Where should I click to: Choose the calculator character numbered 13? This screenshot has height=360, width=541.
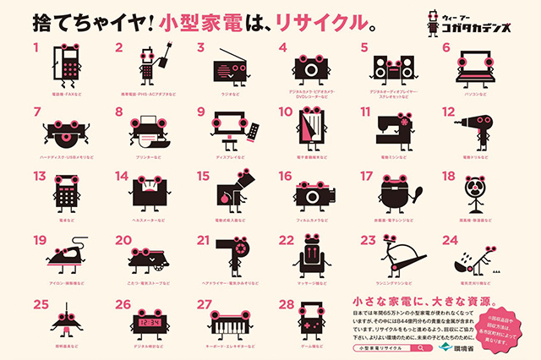pos(66,193)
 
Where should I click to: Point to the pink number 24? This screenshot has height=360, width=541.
pos(451,239)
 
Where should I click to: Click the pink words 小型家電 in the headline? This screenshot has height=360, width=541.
pos(212,19)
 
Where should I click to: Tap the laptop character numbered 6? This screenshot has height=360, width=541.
pos(475,66)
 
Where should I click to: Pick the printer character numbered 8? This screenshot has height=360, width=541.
pos(147,129)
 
